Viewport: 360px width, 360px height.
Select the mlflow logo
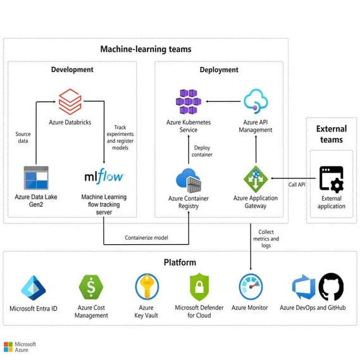tap(104, 177)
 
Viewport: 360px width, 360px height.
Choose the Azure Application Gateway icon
tap(256, 179)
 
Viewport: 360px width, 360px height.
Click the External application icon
tap(331, 178)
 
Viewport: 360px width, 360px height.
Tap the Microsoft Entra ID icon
tap(33, 287)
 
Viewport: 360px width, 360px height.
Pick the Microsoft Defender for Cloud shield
tap(199, 287)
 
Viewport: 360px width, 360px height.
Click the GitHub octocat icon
tap(331, 287)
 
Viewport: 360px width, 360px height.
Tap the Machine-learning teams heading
tap(146, 49)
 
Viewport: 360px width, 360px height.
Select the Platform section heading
tap(180, 262)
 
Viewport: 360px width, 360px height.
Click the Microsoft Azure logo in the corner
tap(20, 347)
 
